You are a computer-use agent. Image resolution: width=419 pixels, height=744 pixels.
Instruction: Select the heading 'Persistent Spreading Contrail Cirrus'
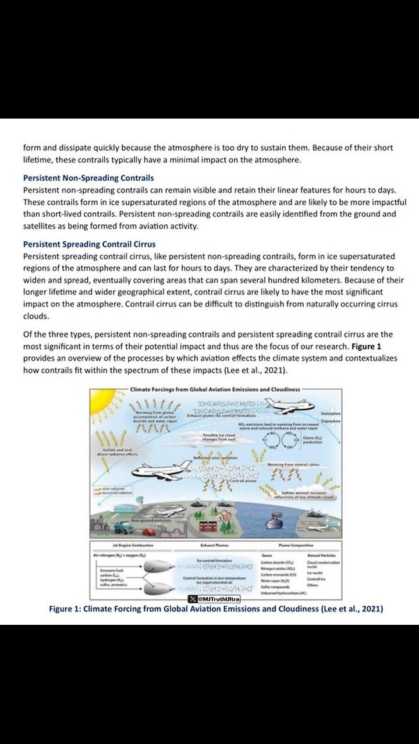tap(89, 244)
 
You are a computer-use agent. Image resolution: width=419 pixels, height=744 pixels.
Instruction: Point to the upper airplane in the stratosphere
tap(289, 406)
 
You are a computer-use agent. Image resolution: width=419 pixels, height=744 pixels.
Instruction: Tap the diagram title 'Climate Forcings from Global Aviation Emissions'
tap(215, 389)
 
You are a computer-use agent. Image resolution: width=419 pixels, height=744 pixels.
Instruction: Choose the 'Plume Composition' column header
tap(297, 545)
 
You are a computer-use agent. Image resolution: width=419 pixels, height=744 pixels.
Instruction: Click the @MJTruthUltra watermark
tap(215, 599)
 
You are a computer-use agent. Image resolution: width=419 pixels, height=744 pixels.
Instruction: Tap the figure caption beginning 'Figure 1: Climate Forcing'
tap(216, 609)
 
